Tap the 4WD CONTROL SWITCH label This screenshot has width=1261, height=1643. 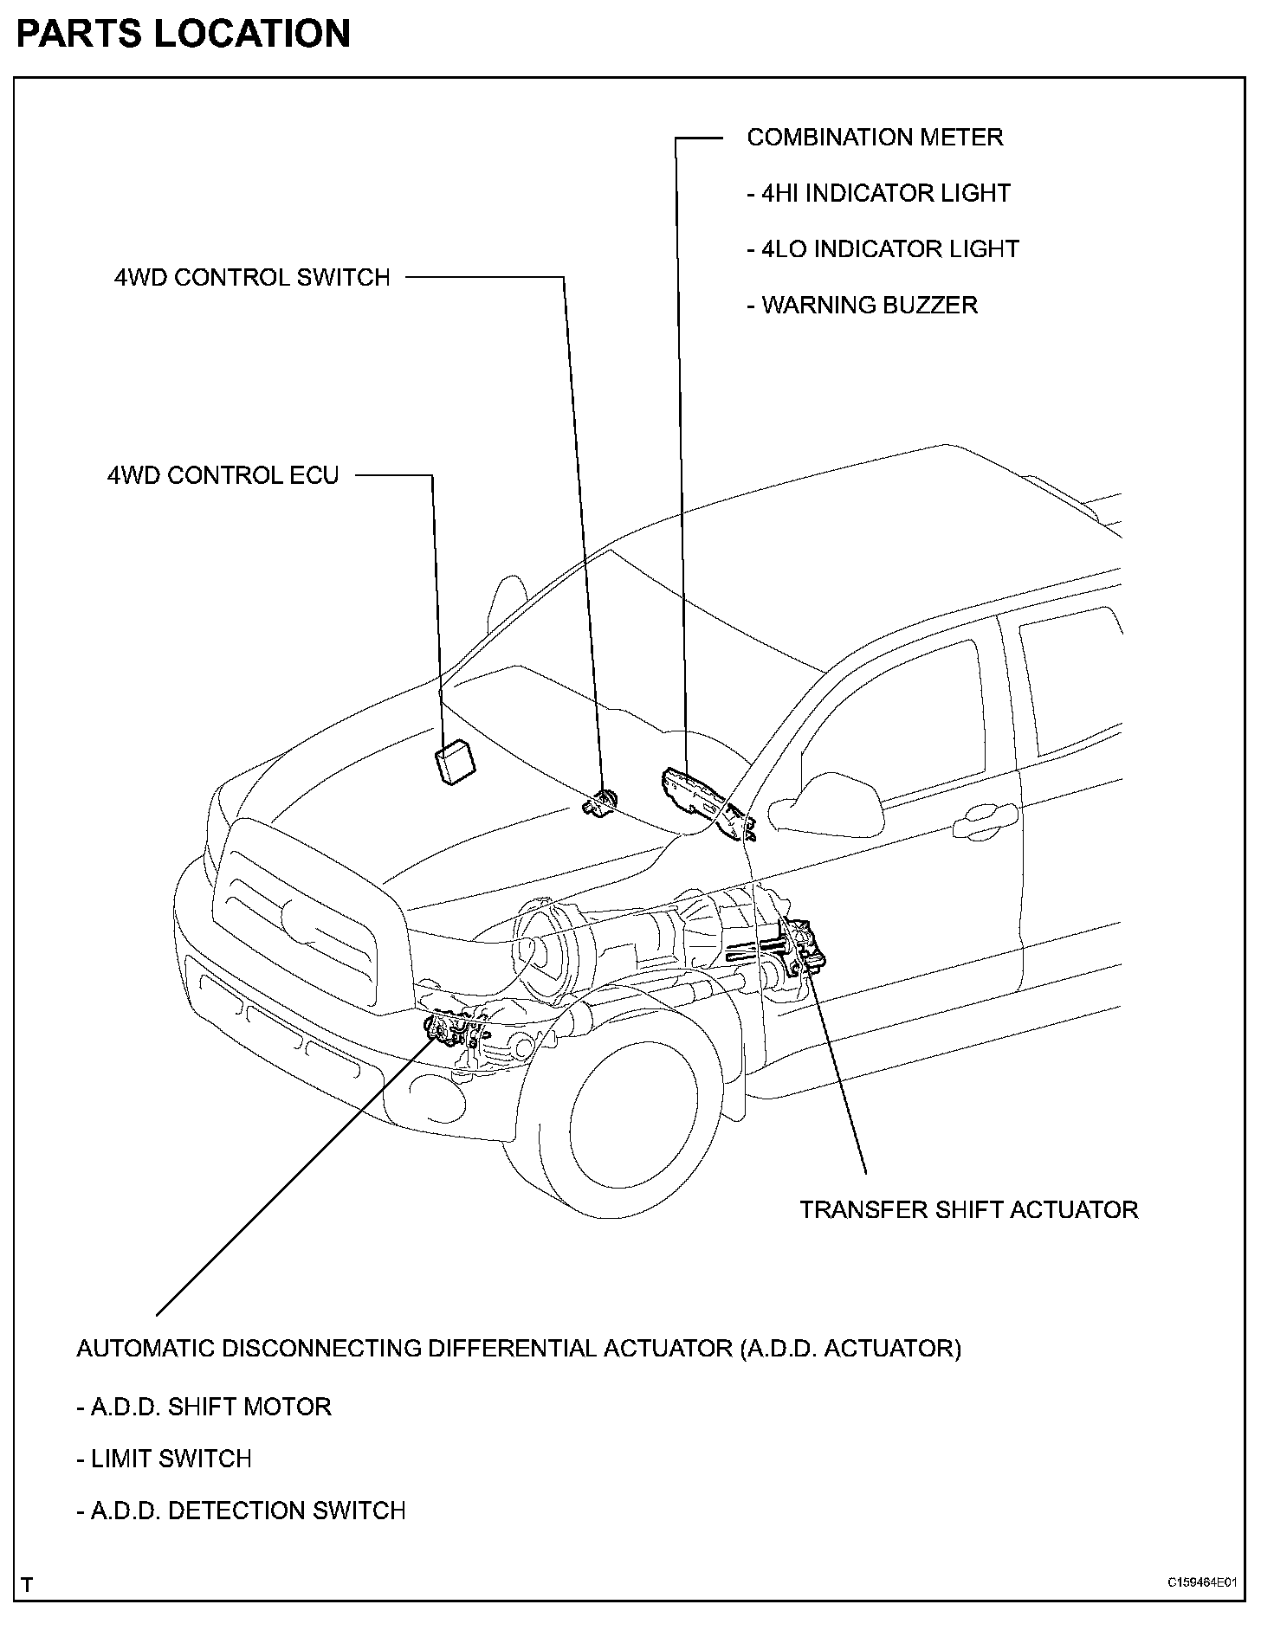point(252,278)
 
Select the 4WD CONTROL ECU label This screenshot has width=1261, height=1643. point(223,475)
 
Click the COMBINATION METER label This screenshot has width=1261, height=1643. point(875,138)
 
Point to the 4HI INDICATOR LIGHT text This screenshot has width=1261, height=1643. point(878,193)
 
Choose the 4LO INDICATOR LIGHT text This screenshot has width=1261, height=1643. point(883,249)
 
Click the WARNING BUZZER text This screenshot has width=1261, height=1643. point(863,306)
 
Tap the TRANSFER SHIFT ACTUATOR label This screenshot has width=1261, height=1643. point(968,1209)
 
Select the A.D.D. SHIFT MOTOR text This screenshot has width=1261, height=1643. point(204,1407)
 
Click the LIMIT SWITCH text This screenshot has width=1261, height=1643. point(165,1459)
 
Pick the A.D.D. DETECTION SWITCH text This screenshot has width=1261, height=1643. point(241,1511)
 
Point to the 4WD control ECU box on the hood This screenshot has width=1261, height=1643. point(456,763)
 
